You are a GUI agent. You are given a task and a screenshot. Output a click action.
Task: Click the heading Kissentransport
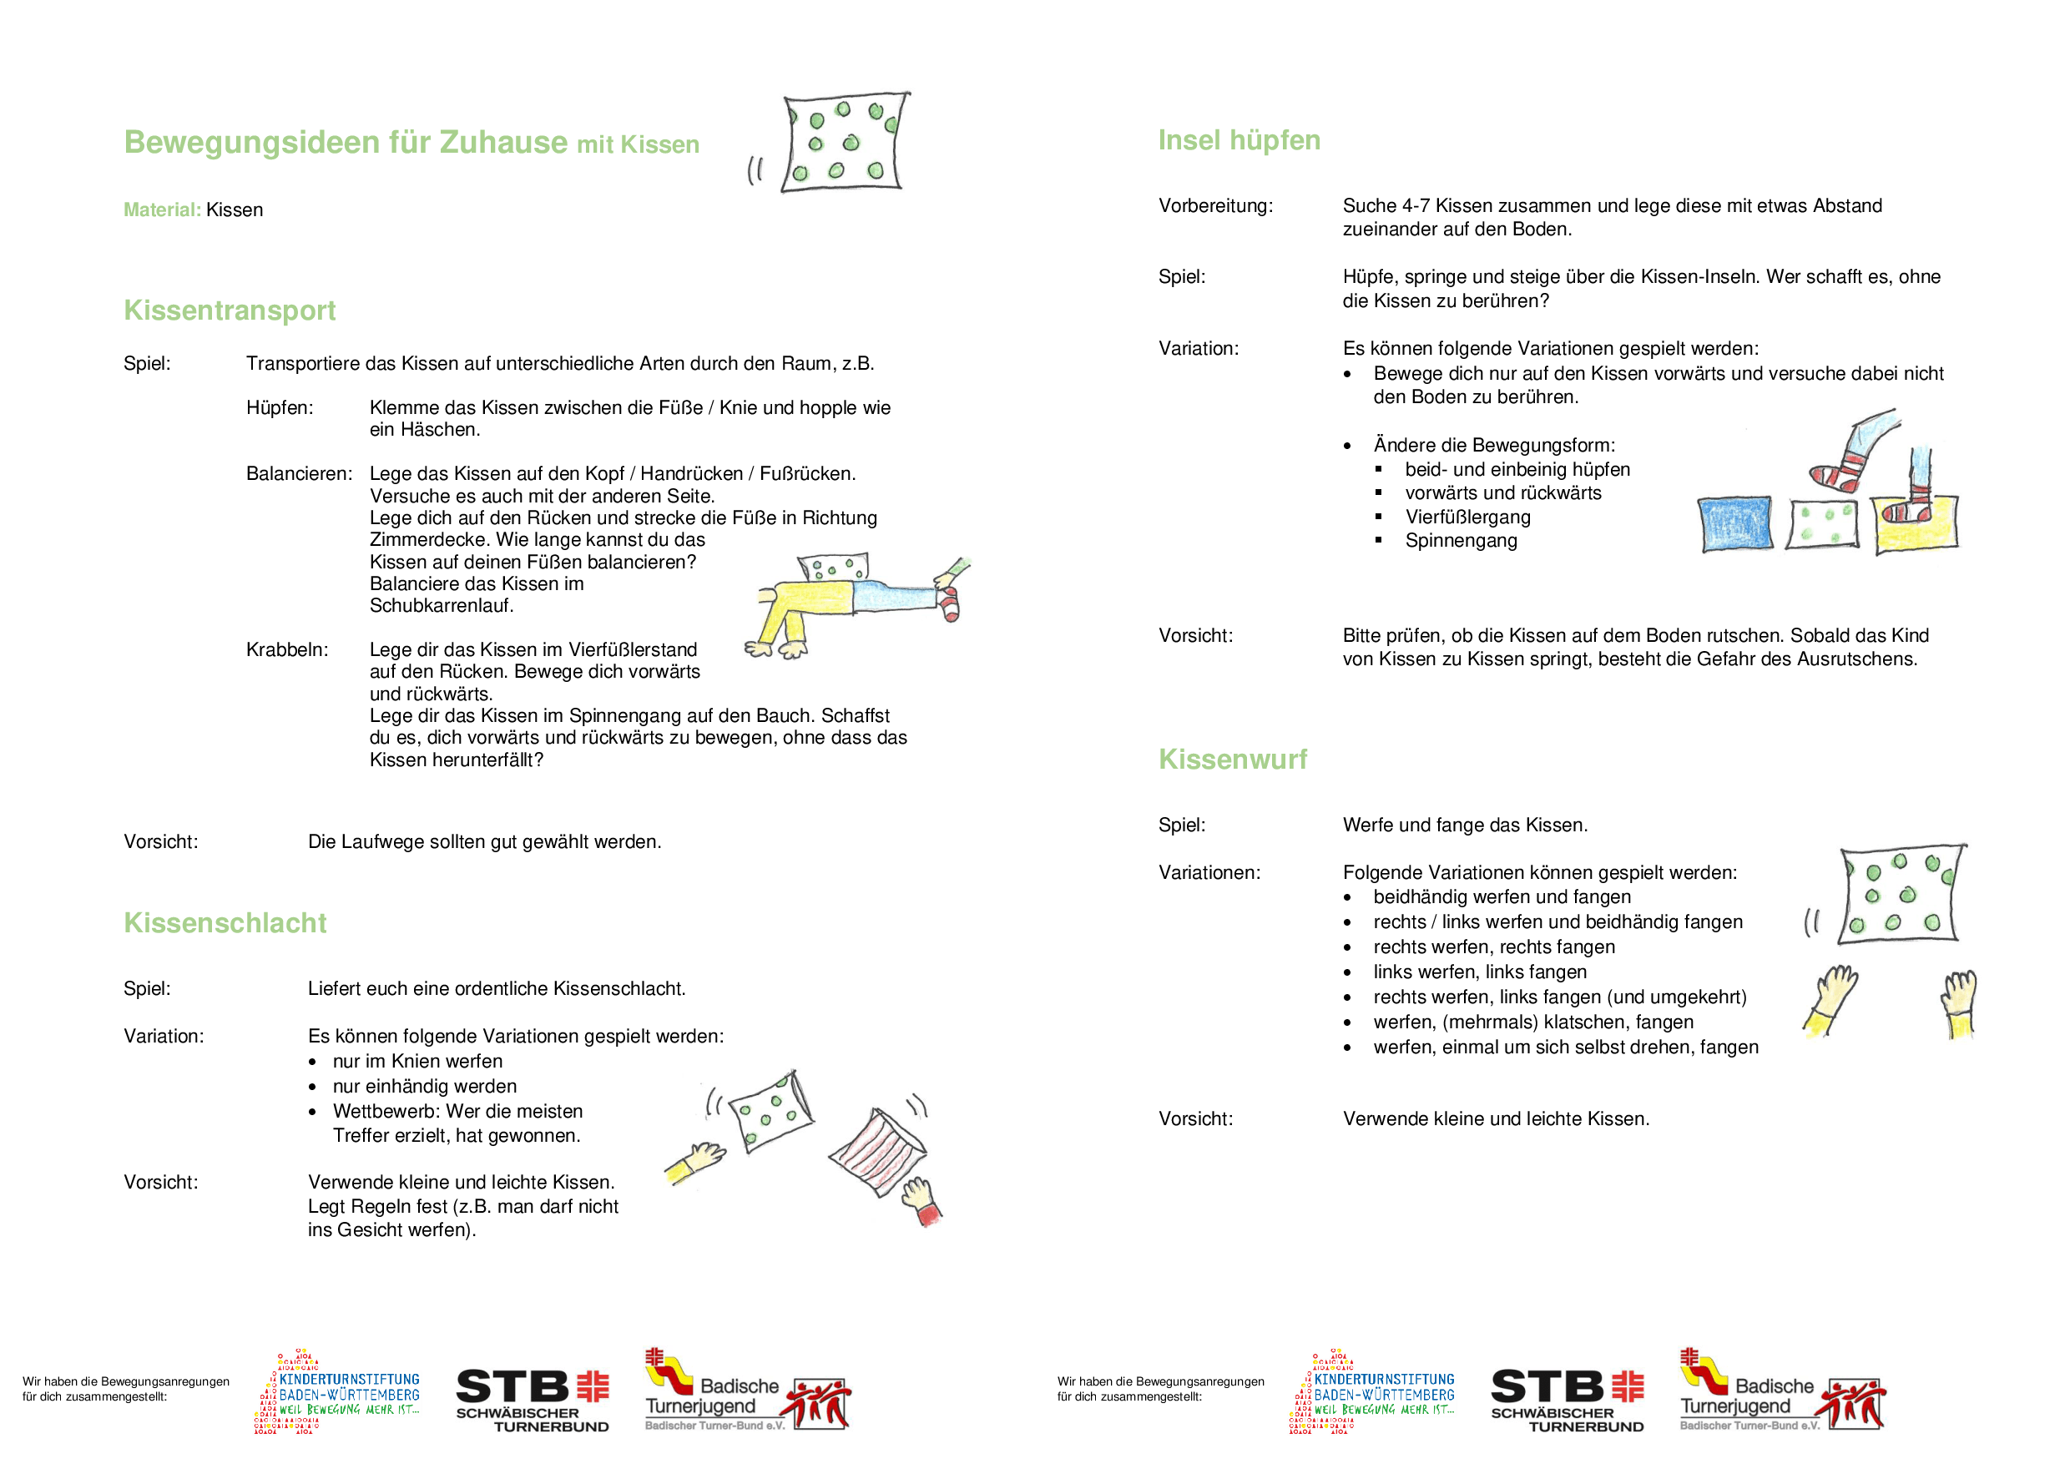[229, 311]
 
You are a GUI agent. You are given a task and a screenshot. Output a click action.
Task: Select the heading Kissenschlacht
[225, 923]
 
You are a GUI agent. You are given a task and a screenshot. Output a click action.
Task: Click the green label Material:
[162, 210]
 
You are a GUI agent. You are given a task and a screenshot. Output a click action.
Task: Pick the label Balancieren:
[300, 474]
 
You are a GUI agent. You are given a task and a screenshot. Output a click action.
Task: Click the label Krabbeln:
[286, 650]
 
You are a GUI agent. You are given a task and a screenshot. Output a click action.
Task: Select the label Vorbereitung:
[1215, 206]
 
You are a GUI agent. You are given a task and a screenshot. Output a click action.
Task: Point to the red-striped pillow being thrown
[878, 1153]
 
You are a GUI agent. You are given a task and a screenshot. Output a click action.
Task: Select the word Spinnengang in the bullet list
[1461, 541]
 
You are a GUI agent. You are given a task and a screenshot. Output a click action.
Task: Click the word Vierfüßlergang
[1467, 517]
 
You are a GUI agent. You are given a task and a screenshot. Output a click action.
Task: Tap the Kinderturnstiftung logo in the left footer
[337, 1393]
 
